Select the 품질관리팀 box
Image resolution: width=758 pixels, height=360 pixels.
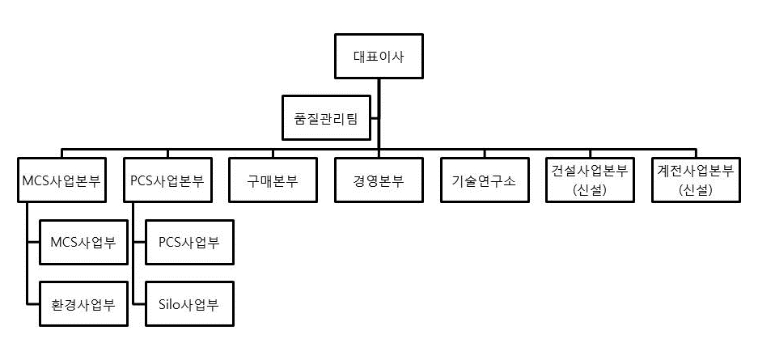click(326, 117)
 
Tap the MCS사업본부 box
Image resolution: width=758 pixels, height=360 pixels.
click(61, 180)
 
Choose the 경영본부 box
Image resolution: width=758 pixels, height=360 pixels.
click(379, 180)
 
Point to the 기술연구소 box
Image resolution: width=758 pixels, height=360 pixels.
click(485, 180)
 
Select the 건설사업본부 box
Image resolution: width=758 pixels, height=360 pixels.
click(590, 180)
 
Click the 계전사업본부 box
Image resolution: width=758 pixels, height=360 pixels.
click(697, 180)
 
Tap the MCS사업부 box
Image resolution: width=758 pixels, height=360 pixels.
click(84, 242)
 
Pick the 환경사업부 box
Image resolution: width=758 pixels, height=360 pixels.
click(84, 304)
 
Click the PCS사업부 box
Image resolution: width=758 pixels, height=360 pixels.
click(189, 242)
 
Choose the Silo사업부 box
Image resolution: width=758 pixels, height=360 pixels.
click(189, 304)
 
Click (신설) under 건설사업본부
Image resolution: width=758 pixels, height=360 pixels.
click(590, 190)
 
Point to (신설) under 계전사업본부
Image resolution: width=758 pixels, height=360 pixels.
click(697, 190)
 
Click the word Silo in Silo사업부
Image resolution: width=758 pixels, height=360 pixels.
click(171, 304)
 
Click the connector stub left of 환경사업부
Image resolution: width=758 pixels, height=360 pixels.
click(33, 304)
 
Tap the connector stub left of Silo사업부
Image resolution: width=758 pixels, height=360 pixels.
click(139, 304)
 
